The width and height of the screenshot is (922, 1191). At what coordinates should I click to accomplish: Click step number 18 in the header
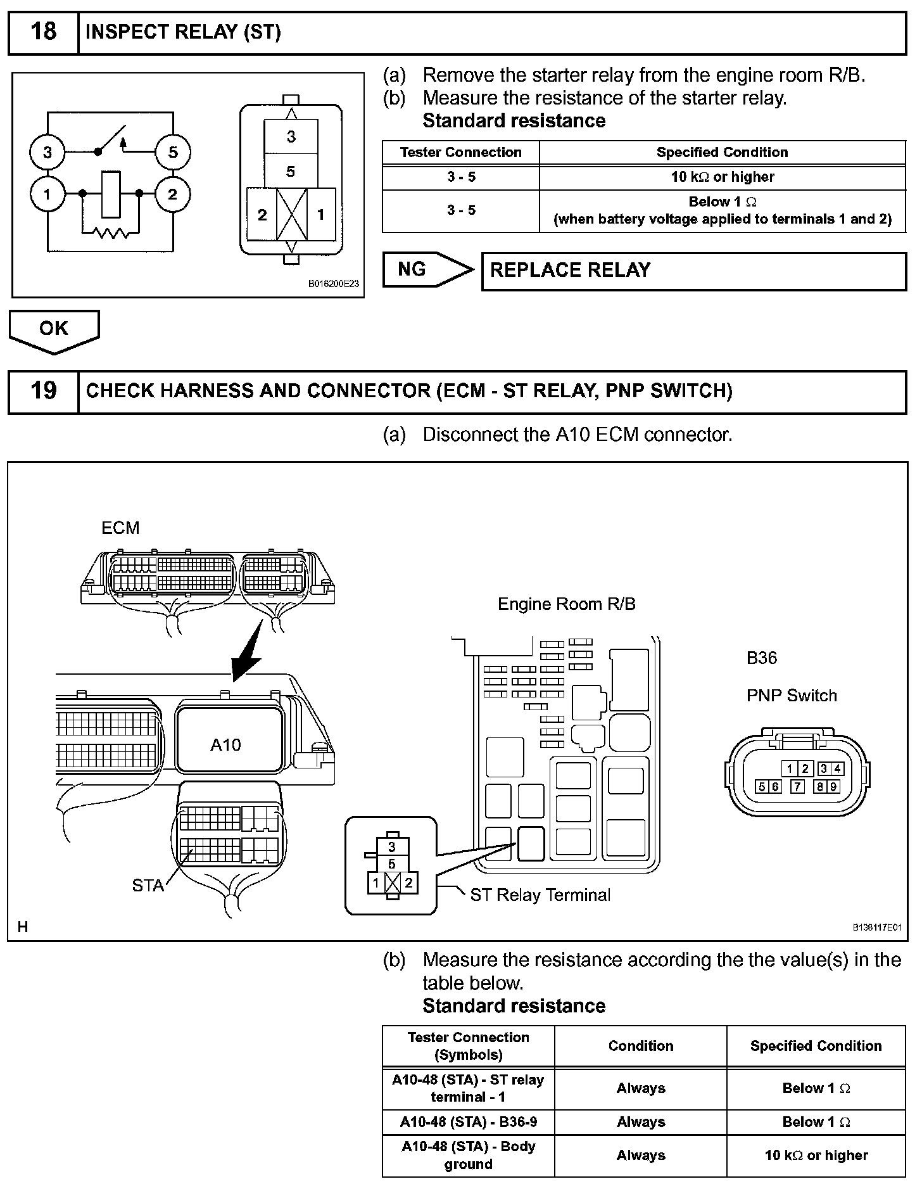click(x=43, y=32)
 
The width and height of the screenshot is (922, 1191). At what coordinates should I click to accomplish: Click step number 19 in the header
click(x=43, y=390)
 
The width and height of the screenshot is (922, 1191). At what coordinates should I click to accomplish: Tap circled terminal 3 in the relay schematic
click(x=47, y=152)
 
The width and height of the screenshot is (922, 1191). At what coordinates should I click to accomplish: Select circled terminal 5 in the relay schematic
click(x=173, y=152)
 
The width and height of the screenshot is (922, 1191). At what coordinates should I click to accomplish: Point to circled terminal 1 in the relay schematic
click(x=47, y=194)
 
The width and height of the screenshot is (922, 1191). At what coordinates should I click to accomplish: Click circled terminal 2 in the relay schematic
click(x=173, y=194)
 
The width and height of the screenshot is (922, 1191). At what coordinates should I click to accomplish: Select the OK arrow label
click(x=54, y=328)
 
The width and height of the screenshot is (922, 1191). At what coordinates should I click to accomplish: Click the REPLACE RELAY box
click(x=693, y=271)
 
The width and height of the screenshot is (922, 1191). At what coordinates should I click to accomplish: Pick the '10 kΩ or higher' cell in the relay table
click(x=722, y=177)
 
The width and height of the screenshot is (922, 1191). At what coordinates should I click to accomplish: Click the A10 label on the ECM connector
click(x=225, y=745)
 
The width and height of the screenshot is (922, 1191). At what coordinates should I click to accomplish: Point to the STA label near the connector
click(x=148, y=886)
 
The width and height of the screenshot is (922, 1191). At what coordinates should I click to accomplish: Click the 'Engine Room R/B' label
click(x=566, y=604)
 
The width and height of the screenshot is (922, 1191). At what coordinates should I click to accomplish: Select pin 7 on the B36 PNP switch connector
click(x=797, y=787)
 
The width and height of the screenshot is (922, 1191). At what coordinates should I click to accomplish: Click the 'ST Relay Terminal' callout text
click(x=540, y=895)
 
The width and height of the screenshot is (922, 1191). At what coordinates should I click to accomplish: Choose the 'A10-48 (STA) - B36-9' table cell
click(x=468, y=1122)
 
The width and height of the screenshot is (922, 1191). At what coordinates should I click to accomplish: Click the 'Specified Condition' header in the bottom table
click(x=816, y=1046)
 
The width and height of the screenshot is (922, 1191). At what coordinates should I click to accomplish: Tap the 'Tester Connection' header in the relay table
click(x=460, y=152)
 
